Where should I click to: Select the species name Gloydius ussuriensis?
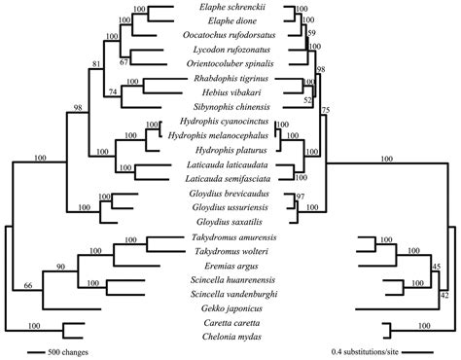point(225,207)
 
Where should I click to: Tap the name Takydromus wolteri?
point(225,249)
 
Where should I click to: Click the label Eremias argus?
point(225,263)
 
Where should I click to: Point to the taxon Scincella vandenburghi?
point(225,291)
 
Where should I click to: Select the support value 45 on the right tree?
point(438,267)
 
